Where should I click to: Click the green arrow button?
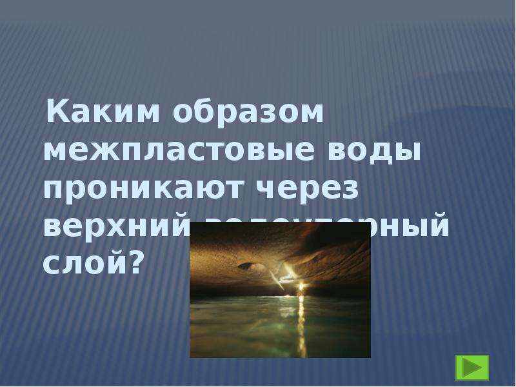point(472,367)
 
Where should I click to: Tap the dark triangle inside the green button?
point(473,367)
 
